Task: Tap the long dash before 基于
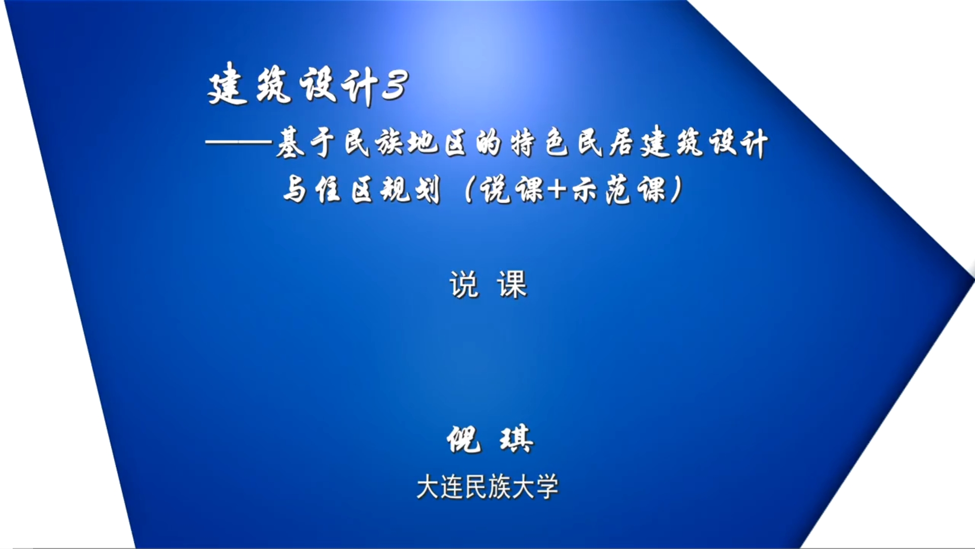point(239,143)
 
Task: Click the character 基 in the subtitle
point(290,143)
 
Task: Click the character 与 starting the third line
point(295,190)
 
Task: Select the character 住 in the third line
point(328,190)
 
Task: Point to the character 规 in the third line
point(396,190)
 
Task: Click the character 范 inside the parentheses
point(619,190)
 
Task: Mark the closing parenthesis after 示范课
point(676,190)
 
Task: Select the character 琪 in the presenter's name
point(516,439)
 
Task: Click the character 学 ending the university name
point(547,487)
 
